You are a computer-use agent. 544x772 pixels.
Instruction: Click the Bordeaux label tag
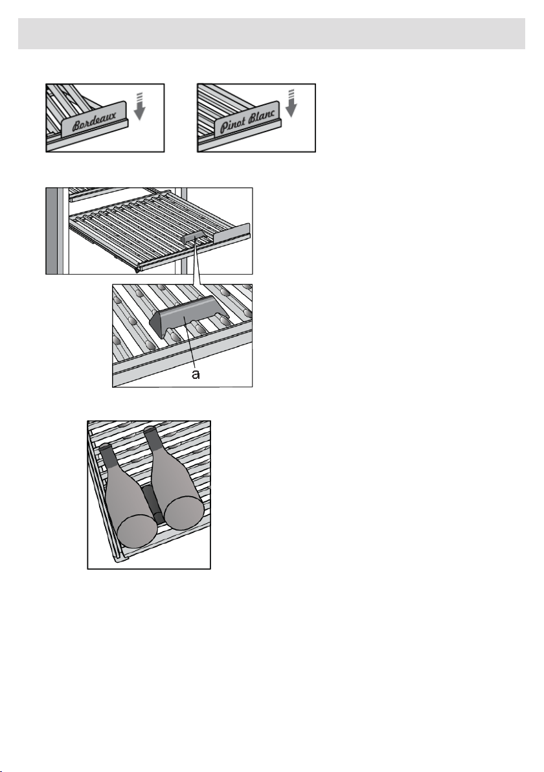[95, 119]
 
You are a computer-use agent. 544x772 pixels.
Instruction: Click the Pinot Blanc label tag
[247, 119]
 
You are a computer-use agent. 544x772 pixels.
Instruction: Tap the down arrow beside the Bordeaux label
[140, 105]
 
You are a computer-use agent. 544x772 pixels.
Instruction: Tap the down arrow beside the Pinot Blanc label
[291, 104]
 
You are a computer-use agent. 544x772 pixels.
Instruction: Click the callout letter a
[196, 375]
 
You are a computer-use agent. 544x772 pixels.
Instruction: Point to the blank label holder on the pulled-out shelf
[231, 233]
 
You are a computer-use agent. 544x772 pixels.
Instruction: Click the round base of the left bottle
[137, 531]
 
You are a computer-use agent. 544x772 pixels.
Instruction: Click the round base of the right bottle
[183, 512]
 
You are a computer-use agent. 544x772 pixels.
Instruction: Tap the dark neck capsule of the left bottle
[109, 455]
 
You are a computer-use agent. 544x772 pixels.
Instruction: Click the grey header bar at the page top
[272, 34]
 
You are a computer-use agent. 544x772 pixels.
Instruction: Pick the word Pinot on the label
[233, 126]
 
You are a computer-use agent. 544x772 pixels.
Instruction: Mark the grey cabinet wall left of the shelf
[51, 231]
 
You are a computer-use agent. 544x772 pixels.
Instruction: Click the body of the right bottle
[172, 477]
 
